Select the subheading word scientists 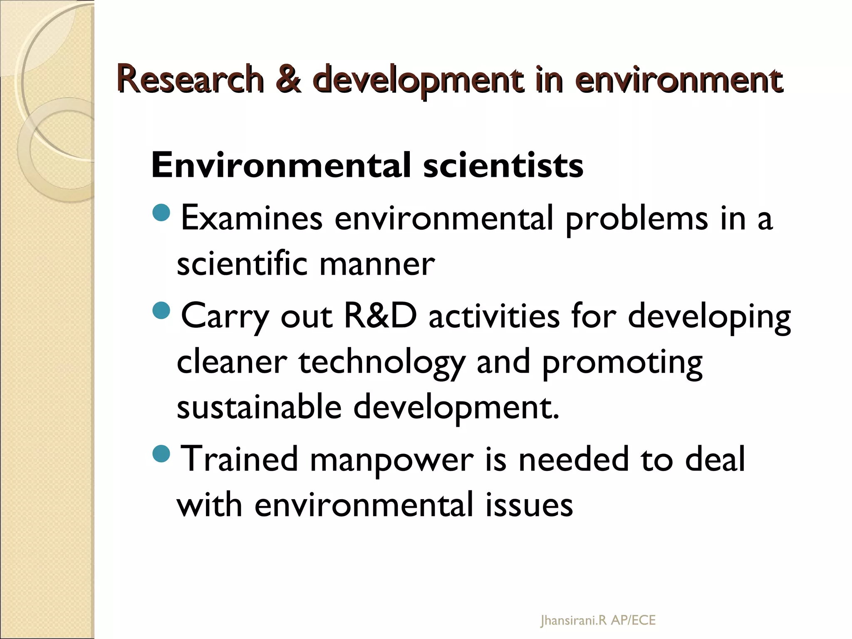(503, 166)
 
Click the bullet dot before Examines (161, 213)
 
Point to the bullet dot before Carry (161, 310)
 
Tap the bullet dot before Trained (161, 453)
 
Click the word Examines (252, 218)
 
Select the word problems (637, 219)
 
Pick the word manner (377, 264)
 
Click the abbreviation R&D (380, 316)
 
